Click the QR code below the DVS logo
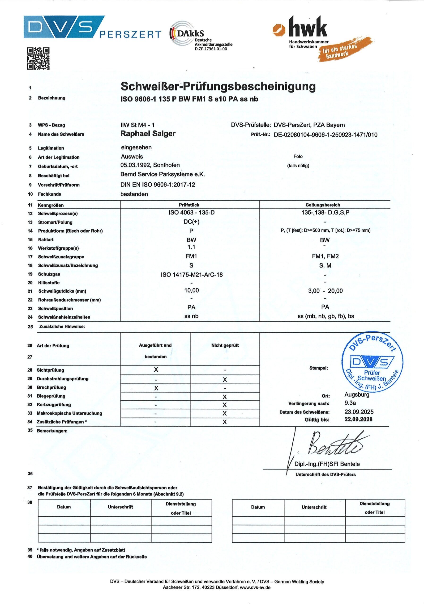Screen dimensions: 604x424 [x=38, y=59]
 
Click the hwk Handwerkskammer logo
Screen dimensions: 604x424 [x=313, y=37]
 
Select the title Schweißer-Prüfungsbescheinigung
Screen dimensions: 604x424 [x=218, y=86]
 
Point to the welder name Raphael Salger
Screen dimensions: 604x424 [x=148, y=134]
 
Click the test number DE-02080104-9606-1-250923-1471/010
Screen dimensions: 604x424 [x=325, y=135]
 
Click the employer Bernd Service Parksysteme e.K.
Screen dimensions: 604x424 [x=163, y=174]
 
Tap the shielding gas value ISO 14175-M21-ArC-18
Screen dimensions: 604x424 [x=192, y=275]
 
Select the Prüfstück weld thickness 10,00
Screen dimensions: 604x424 [x=192, y=290]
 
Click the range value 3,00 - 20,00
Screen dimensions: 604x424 [x=325, y=291]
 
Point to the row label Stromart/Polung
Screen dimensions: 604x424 [x=55, y=222]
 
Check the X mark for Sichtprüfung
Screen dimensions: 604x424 [x=156, y=370]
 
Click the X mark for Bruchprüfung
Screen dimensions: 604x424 [x=156, y=388]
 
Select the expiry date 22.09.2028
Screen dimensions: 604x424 [x=358, y=419]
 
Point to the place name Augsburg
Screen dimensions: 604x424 [x=357, y=394]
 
